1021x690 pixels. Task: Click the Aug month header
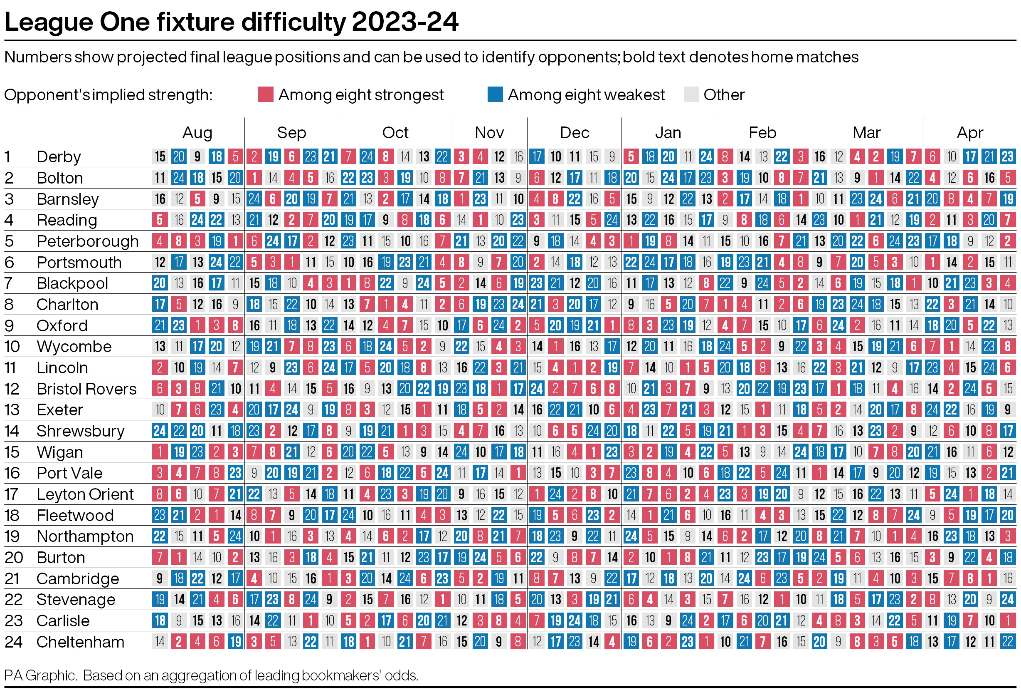197,132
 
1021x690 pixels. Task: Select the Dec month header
574,132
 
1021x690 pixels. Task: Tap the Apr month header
969,132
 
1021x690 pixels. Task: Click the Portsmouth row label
79,262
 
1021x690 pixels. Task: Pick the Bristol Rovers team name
86,389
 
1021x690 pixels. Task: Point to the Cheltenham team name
80,642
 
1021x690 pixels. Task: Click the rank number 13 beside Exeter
12,410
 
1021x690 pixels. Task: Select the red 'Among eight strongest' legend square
265,94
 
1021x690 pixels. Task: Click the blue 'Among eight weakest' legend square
495,94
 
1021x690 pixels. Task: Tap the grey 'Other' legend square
691,94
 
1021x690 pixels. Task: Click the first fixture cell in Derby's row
160,156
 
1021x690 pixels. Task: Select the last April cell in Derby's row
1007,156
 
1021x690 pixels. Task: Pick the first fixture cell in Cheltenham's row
160,642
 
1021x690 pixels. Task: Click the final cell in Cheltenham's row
1007,642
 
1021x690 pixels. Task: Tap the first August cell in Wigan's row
160,452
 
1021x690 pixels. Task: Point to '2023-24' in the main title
405,22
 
